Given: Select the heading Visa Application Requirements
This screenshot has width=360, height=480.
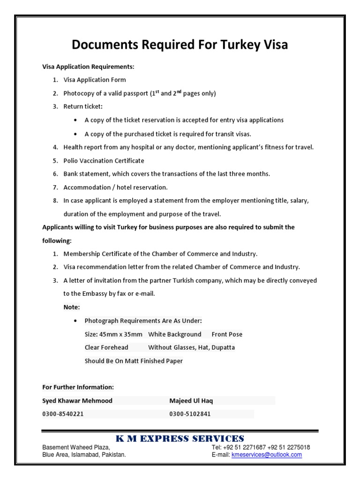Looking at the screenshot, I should tap(88, 67).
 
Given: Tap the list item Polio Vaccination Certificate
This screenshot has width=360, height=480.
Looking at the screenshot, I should tap(104, 160).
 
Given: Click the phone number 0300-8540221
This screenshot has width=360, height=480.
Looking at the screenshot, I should tap(63, 414).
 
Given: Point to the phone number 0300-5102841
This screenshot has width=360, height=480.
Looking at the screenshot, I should tap(190, 414).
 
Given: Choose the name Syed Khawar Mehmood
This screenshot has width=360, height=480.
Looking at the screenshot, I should tap(77, 401).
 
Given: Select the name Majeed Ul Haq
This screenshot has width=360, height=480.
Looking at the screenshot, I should tap(191, 401).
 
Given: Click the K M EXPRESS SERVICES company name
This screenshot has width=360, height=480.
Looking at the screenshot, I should tap(180, 439).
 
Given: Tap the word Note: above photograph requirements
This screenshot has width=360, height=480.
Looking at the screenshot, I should tap(72, 307).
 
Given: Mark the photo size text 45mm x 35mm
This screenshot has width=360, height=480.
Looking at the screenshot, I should tap(120, 334).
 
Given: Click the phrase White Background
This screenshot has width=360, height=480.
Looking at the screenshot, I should tap(174, 334).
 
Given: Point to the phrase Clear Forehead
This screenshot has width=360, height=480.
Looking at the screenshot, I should tap(106, 347).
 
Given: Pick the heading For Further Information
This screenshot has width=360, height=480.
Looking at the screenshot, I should tap(78, 387).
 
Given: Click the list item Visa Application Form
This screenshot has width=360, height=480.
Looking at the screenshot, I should tap(95, 80).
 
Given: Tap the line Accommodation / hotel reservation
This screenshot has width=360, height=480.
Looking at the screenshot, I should tap(115, 187).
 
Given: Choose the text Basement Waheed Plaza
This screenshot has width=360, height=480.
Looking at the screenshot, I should tap(76, 448).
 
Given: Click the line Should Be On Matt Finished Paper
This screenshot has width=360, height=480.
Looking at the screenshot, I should tap(134, 361).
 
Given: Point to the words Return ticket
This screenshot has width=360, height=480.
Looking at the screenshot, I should tap(83, 106).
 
